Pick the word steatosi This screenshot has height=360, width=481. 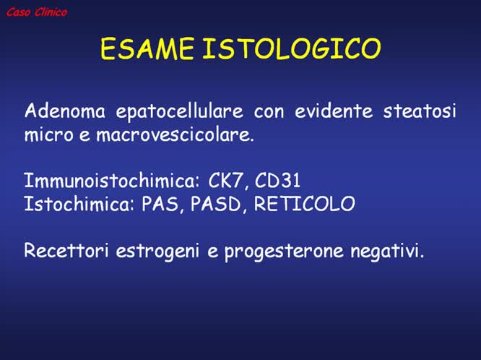pos(421,111)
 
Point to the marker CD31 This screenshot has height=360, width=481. pos(278,181)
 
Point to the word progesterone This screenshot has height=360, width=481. pos(282,252)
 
